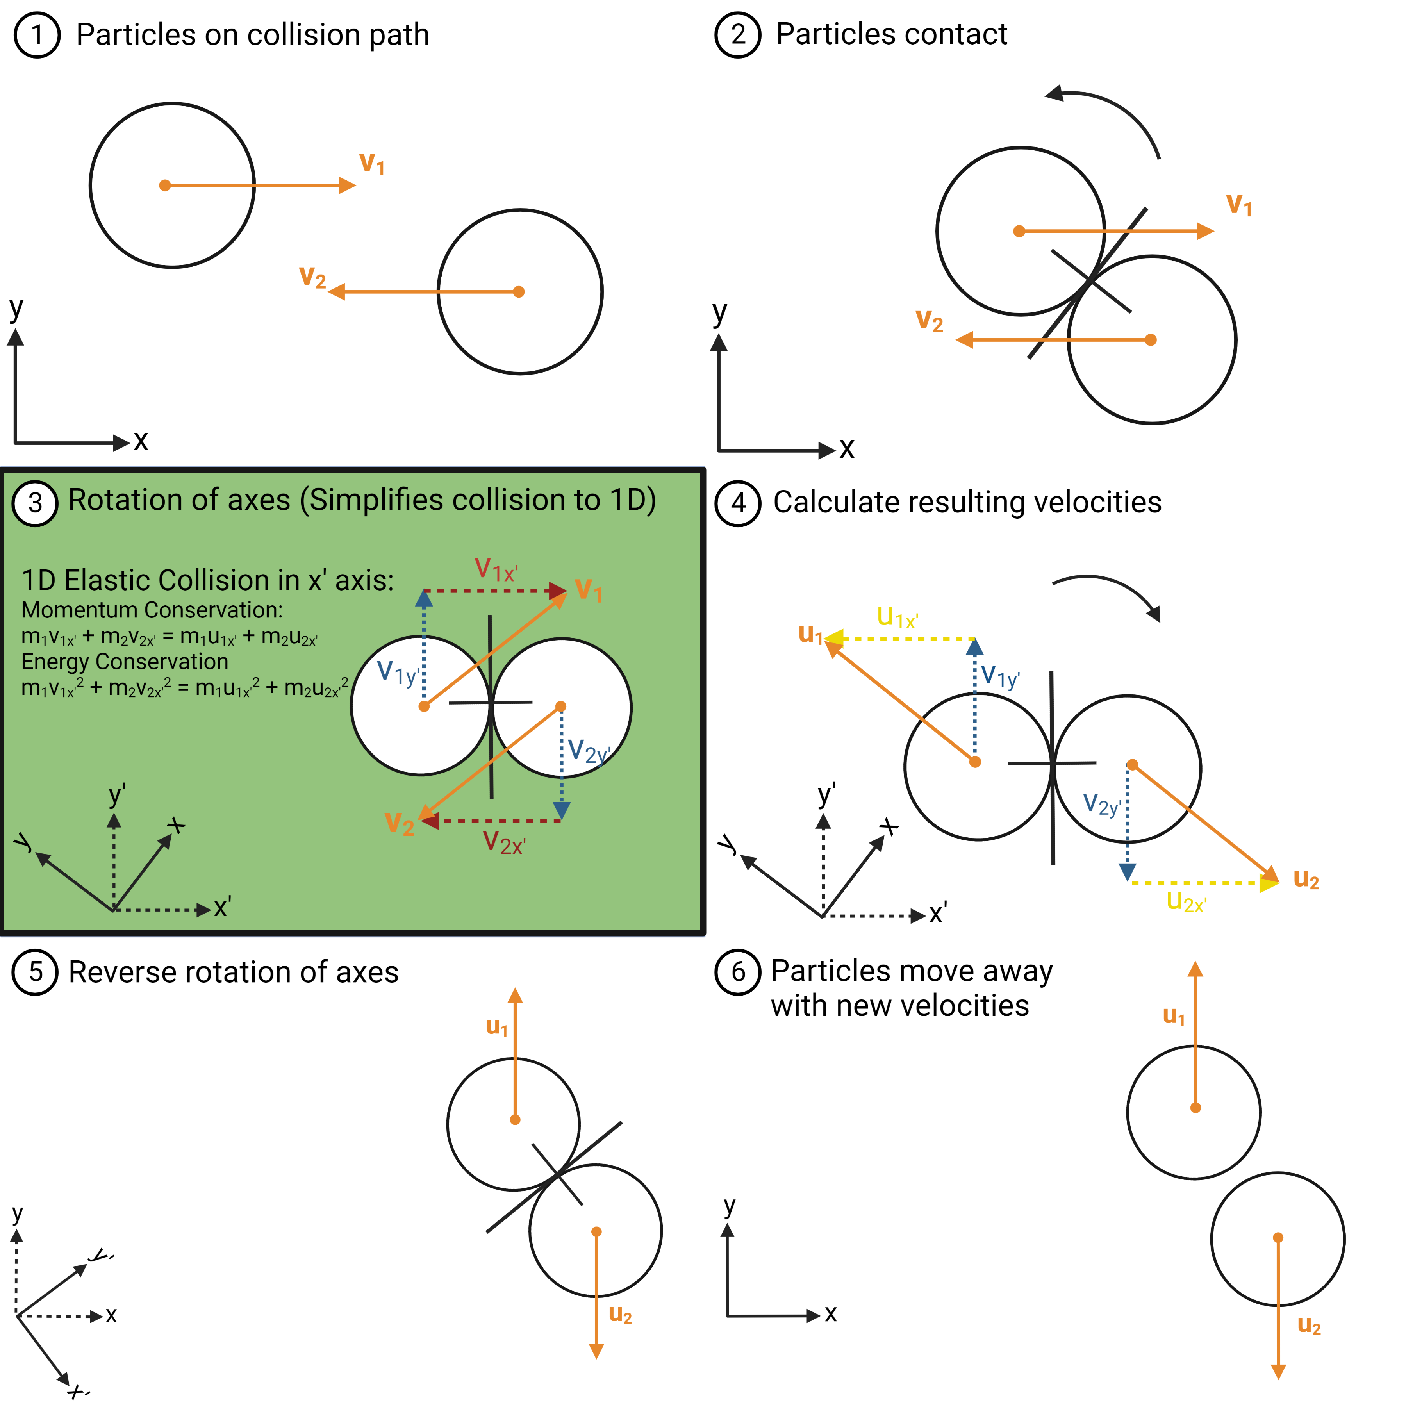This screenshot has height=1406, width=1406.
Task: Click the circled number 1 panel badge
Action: click(36, 35)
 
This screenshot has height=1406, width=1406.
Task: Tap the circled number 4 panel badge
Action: click(738, 503)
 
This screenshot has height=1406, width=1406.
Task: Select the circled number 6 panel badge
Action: click(738, 972)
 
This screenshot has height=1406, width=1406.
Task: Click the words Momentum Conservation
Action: click(152, 610)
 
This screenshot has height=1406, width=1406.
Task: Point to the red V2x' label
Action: click(503, 843)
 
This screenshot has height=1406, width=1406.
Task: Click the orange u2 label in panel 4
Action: click(1306, 879)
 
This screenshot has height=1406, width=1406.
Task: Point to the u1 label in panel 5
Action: click(497, 1027)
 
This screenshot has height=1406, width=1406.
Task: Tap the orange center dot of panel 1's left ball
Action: click(165, 186)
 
